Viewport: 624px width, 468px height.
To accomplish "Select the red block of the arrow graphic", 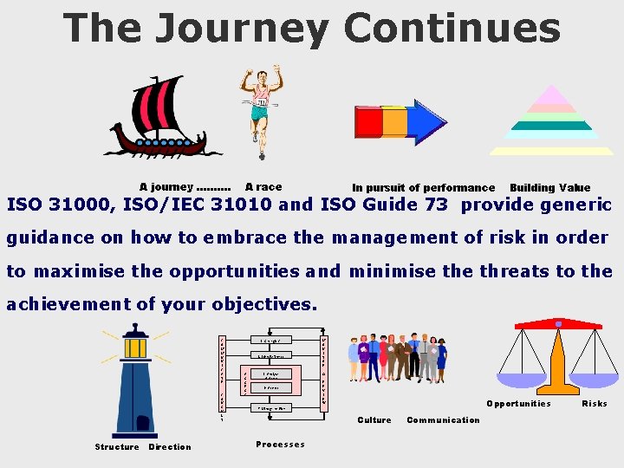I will tap(369, 122).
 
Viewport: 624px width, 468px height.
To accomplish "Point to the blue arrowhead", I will tap(428, 122).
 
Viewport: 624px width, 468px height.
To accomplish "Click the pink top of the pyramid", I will tap(551, 96).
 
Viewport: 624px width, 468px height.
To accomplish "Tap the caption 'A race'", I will tap(263, 186).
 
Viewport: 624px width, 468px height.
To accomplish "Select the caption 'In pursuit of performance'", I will tap(423, 187).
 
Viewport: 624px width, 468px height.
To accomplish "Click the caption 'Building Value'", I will tap(549, 187).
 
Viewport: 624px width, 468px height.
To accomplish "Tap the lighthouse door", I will tap(142, 423).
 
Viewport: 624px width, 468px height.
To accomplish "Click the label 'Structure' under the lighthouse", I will tap(117, 447).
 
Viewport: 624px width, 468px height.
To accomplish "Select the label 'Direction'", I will tap(170, 447).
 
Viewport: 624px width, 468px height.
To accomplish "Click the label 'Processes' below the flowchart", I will tap(280, 445).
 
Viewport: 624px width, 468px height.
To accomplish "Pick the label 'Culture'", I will tap(374, 420).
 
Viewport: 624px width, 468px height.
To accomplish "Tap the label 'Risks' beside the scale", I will tap(595, 403).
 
